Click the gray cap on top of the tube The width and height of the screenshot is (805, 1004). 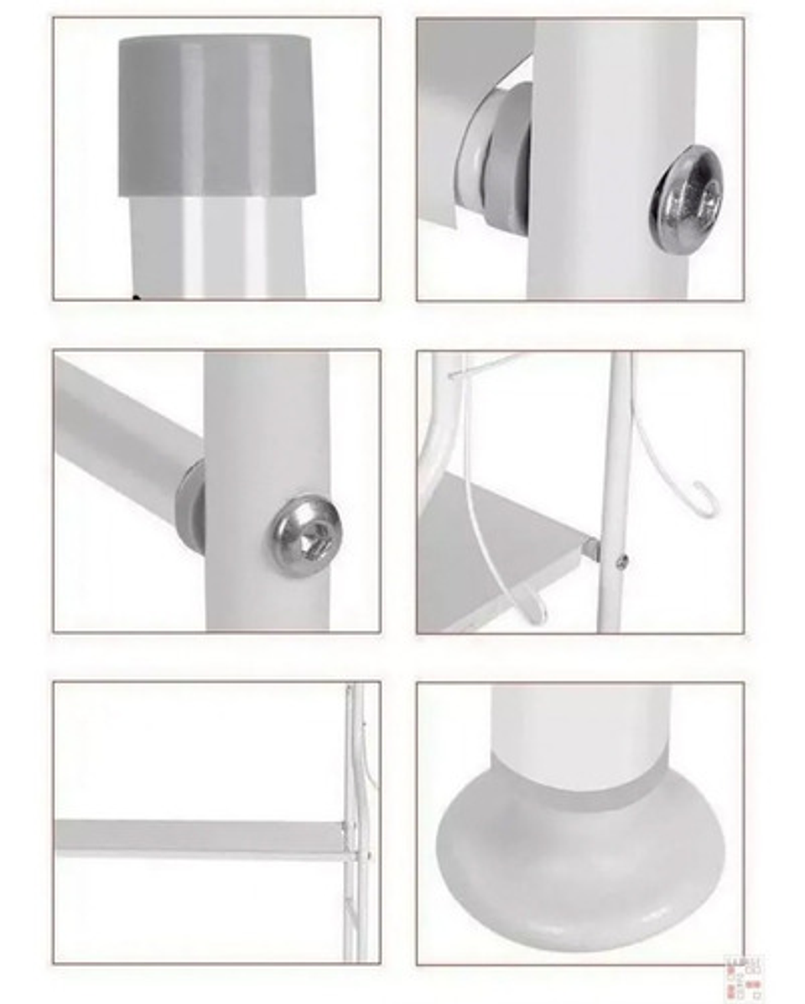tap(216, 115)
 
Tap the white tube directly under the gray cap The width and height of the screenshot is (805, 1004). tap(216, 247)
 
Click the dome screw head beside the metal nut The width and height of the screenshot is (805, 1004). tap(685, 199)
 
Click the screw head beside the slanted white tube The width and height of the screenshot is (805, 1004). tap(305, 535)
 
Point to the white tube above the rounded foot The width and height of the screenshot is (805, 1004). tap(579, 721)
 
